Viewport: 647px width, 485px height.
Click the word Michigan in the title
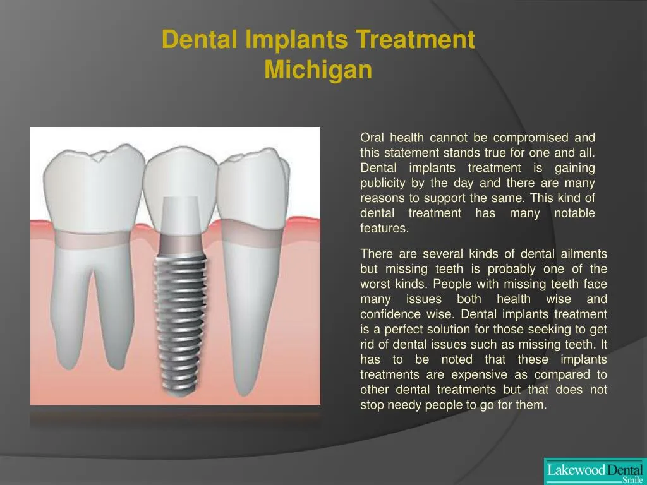[x=318, y=69]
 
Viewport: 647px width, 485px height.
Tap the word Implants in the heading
[x=295, y=40]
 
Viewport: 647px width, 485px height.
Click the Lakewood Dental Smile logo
[x=594, y=471]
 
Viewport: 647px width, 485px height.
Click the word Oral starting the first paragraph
[x=372, y=138]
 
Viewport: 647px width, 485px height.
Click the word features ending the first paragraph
[x=384, y=229]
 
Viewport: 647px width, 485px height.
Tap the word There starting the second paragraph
[x=375, y=254]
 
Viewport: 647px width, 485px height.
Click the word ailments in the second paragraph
[x=583, y=254]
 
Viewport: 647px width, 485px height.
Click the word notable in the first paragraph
[x=574, y=213]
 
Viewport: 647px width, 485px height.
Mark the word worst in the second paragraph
[x=375, y=284]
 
